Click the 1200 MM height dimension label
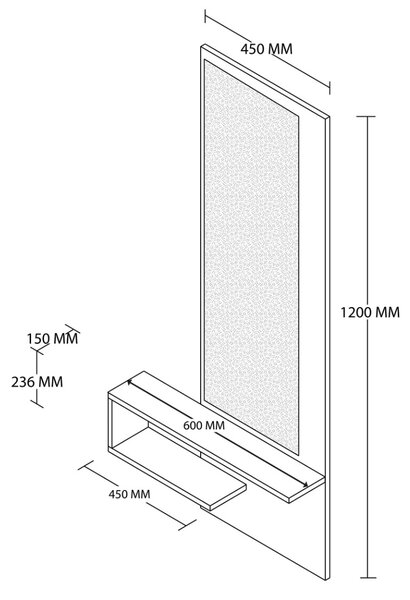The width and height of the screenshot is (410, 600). click(x=370, y=313)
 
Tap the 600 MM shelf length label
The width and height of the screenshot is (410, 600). click(x=204, y=425)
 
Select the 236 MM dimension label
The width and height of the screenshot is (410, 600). click(x=37, y=382)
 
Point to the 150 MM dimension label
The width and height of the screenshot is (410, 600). click(x=52, y=339)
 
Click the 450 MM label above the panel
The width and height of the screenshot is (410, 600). click(x=266, y=49)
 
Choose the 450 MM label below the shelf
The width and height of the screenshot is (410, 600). click(x=129, y=494)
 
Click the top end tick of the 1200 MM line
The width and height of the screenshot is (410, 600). click(x=368, y=116)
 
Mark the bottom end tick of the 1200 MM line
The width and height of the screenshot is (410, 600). click(x=368, y=578)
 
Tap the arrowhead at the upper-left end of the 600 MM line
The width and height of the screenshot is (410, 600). click(x=131, y=382)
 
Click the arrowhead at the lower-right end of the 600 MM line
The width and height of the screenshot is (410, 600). click(x=305, y=485)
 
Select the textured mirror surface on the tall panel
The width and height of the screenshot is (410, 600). click(x=252, y=257)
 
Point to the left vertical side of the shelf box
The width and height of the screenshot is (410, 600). click(x=110, y=422)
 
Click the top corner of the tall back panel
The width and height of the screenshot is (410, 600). click(x=203, y=45)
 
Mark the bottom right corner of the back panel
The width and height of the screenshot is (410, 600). click(x=328, y=580)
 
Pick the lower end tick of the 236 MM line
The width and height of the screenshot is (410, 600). click(x=37, y=404)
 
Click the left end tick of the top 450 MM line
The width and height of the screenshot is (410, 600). click(x=205, y=16)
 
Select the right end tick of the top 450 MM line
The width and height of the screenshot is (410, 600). click(x=330, y=87)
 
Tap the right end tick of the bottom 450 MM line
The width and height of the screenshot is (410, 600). click(x=187, y=525)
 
